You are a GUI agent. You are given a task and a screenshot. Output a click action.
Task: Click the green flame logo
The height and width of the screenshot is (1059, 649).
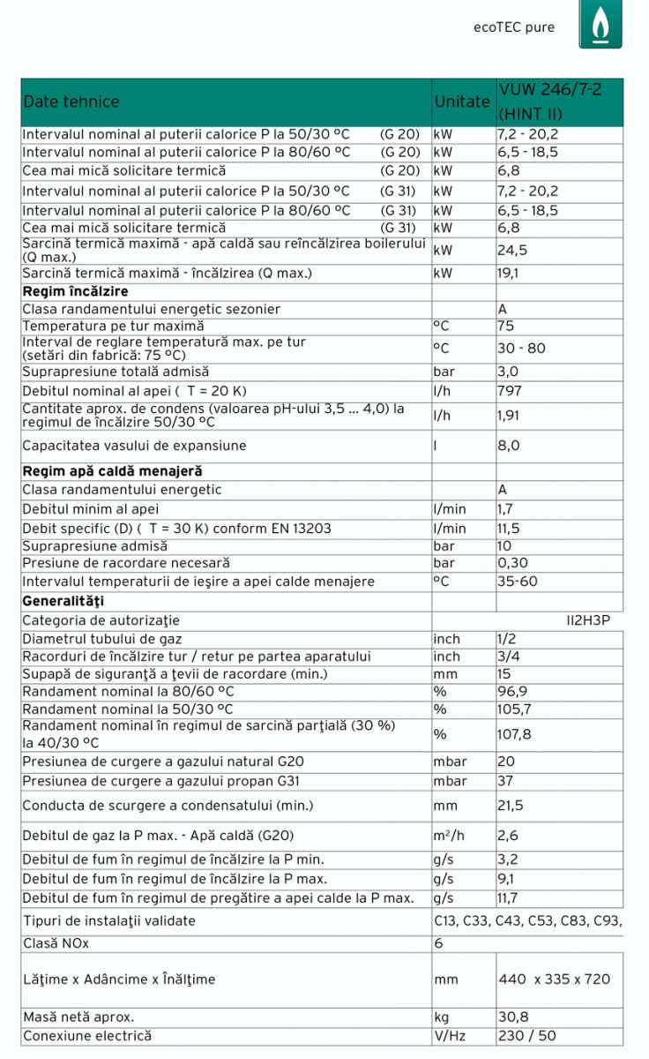[x=600, y=24]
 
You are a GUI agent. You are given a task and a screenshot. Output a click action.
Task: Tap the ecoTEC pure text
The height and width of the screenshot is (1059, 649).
[x=514, y=27]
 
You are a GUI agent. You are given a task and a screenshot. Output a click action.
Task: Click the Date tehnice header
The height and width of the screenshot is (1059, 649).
[x=71, y=101]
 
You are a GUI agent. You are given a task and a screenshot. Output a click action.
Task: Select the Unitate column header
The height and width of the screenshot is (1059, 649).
[x=462, y=101]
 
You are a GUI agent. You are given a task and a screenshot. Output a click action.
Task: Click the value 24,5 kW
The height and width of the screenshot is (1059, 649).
[x=512, y=250]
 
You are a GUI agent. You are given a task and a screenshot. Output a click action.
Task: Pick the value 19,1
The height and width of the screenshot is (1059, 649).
[x=508, y=273]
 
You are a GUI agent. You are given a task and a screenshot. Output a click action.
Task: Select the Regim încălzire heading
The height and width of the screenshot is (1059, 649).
[x=75, y=291]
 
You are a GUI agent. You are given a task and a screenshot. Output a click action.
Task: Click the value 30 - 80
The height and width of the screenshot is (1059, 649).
[x=521, y=348]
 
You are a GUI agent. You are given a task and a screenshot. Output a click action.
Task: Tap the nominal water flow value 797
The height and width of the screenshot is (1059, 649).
[x=510, y=390]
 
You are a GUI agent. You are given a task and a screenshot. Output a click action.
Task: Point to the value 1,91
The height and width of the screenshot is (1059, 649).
[x=510, y=413]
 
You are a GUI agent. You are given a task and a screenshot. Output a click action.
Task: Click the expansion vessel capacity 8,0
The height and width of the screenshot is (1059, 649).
[x=509, y=446]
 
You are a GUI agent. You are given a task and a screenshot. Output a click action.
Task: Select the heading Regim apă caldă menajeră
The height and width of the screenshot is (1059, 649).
[x=112, y=471]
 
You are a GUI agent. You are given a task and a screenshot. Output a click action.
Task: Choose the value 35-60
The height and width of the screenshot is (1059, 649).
[x=517, y=582]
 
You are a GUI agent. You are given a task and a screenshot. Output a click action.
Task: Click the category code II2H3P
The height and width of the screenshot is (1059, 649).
[x=588, y=620]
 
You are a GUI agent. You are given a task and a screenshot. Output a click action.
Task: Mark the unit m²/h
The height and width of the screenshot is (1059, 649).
[x=450, y=835]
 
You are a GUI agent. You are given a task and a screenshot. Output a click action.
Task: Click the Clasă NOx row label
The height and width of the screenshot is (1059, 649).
[x=56, y=943]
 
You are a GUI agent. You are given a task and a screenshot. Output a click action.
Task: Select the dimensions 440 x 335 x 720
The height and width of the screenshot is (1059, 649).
[x=554, y=979]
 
